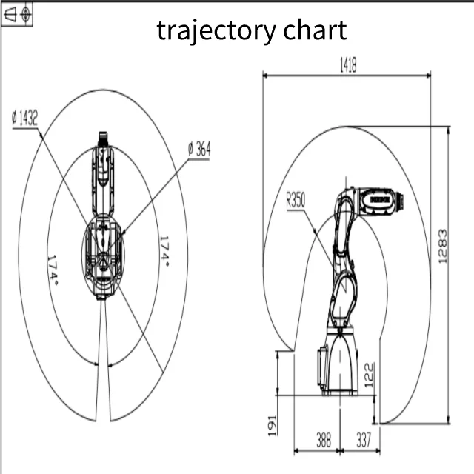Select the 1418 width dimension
pos(347,66)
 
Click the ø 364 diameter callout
pos(198,149)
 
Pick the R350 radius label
pos(296,199)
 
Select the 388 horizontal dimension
pos(324,440)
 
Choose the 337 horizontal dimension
pos(363,440)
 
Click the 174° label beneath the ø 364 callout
pos(164,252)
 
